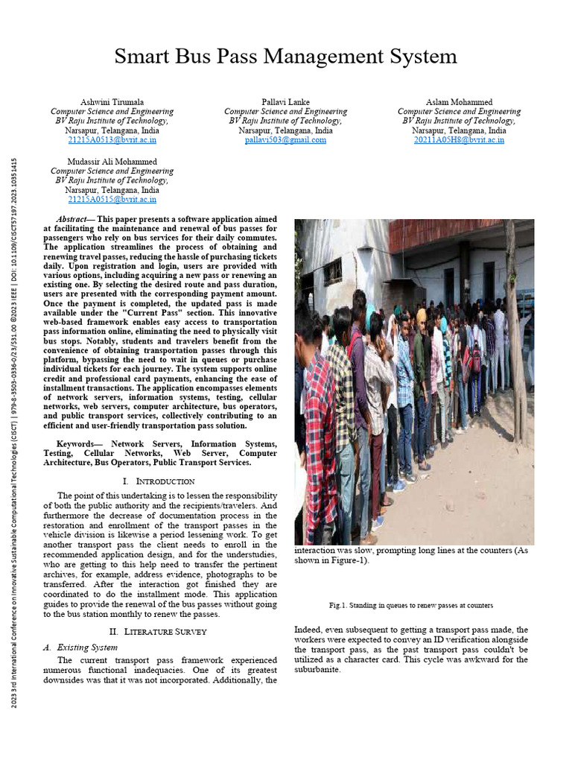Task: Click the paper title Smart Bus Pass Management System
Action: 286,56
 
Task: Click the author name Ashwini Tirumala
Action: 112,101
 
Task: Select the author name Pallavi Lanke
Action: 285,101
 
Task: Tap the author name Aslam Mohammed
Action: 459,101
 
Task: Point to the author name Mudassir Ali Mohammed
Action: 112,161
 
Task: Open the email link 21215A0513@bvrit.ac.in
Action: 112,139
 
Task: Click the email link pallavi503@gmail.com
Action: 285,139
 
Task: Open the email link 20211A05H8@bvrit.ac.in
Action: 459,139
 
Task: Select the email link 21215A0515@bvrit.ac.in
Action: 112,199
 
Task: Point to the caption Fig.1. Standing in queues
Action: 410,605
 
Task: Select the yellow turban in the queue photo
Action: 421,316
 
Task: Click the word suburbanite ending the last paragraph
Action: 318,670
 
